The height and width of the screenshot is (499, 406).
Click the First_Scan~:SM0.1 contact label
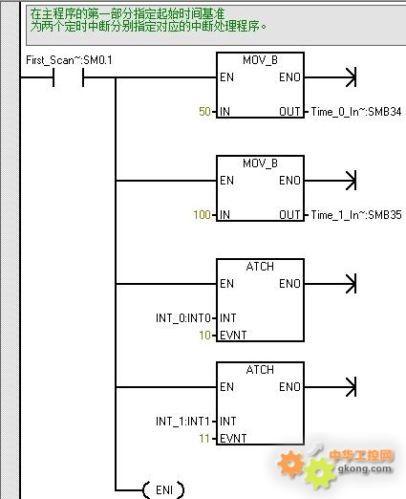point(69,60)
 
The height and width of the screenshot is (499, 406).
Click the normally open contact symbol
point(68,77)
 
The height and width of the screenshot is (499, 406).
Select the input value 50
point(204,112)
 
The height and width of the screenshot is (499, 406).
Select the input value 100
point(202,215)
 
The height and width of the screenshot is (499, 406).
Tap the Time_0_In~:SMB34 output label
point(356,112)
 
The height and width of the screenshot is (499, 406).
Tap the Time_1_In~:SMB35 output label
point(356,215)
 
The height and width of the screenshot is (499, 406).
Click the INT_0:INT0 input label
point(183,318)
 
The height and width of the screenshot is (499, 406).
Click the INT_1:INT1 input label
point(182,422)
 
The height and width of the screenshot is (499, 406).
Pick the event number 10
point(204,336)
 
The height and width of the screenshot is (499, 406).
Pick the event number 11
point(204,439)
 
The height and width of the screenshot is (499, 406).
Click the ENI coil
point(164,489)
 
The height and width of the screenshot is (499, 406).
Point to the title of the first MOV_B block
point(260,60)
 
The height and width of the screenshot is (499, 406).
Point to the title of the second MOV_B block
point(260,163)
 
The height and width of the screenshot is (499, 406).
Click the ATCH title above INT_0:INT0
point(260,267)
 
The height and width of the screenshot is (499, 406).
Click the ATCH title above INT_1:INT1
point(260,370)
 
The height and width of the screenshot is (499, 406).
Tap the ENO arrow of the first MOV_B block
point(331,77)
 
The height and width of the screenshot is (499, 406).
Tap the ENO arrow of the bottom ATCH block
point(331,387)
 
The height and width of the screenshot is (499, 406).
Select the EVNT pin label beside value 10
point(233,336)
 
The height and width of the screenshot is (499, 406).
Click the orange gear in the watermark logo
point(290,464)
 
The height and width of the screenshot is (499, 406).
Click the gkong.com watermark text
point(364,468)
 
